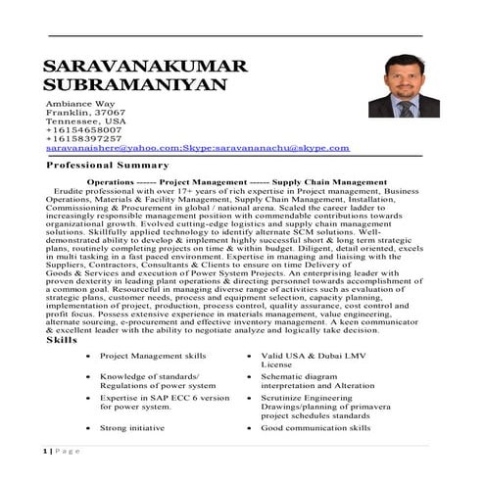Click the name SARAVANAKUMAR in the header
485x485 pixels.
pyautogui.click(x=146, y=68)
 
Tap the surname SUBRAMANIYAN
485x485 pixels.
pyautogui.click(x=135, y=85)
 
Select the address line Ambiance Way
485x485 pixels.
pyautogui.click(x=80, y=103)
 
